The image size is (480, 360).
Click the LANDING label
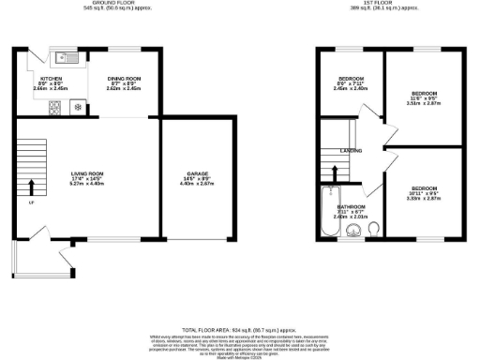pyautogui.click(x=352, y=150)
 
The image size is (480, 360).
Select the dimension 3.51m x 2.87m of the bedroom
pyautogui.click(x=424, y=105)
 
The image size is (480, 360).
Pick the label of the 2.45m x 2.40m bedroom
pyautogui.click(x=352, y=77)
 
